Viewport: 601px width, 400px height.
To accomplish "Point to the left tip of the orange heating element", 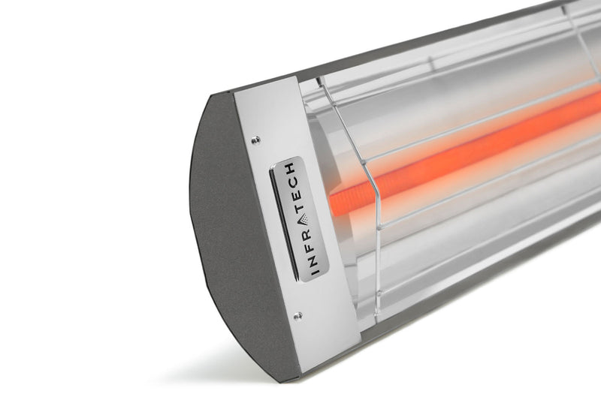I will (332, 203).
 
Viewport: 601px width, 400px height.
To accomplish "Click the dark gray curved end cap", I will (225, 225).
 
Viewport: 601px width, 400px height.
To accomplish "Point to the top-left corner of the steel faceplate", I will (235, 95).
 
